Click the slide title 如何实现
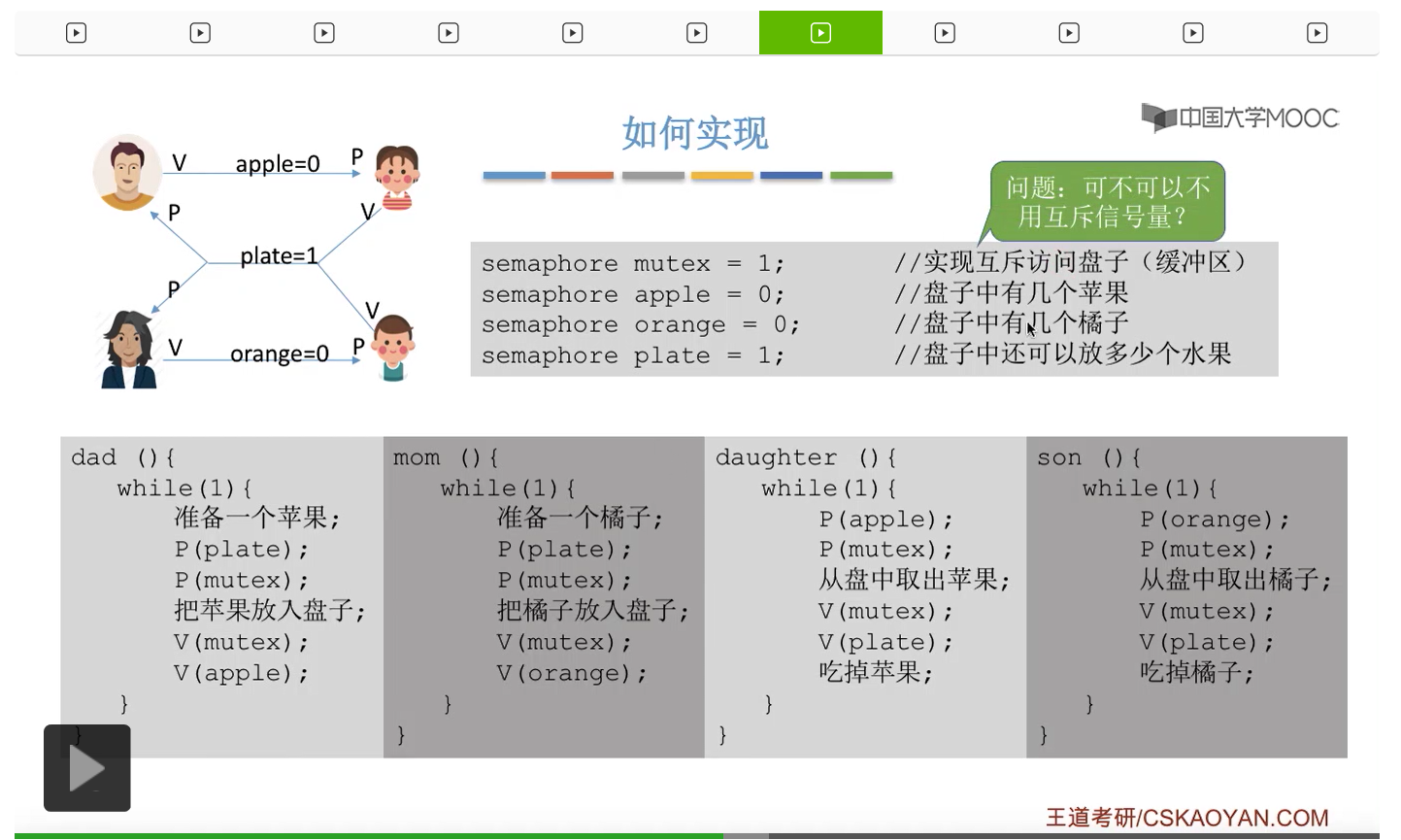(x=694, y=133)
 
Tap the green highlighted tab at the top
(x=820, y=33)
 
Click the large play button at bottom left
(x=87, y=768)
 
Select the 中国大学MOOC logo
(x=1240, y=118)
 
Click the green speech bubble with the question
(x=1108, y=201)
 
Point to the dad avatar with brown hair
(x=127, y=172)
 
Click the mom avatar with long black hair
(x=129, y=350)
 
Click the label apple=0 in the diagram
(x=278, y=164)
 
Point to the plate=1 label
(x=279, y=255)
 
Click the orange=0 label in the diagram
(x=280, y=353)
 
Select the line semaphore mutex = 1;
(x=632, y=263)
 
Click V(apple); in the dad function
(x=241, y=673)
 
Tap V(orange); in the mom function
(x=571, y=673)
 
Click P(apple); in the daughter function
(x=885, y=520)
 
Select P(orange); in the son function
(x=1214, y=520)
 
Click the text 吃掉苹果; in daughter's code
(x=875, y=672)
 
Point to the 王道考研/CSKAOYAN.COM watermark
(x=1186, y=818)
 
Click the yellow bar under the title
(x=721, y=176)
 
